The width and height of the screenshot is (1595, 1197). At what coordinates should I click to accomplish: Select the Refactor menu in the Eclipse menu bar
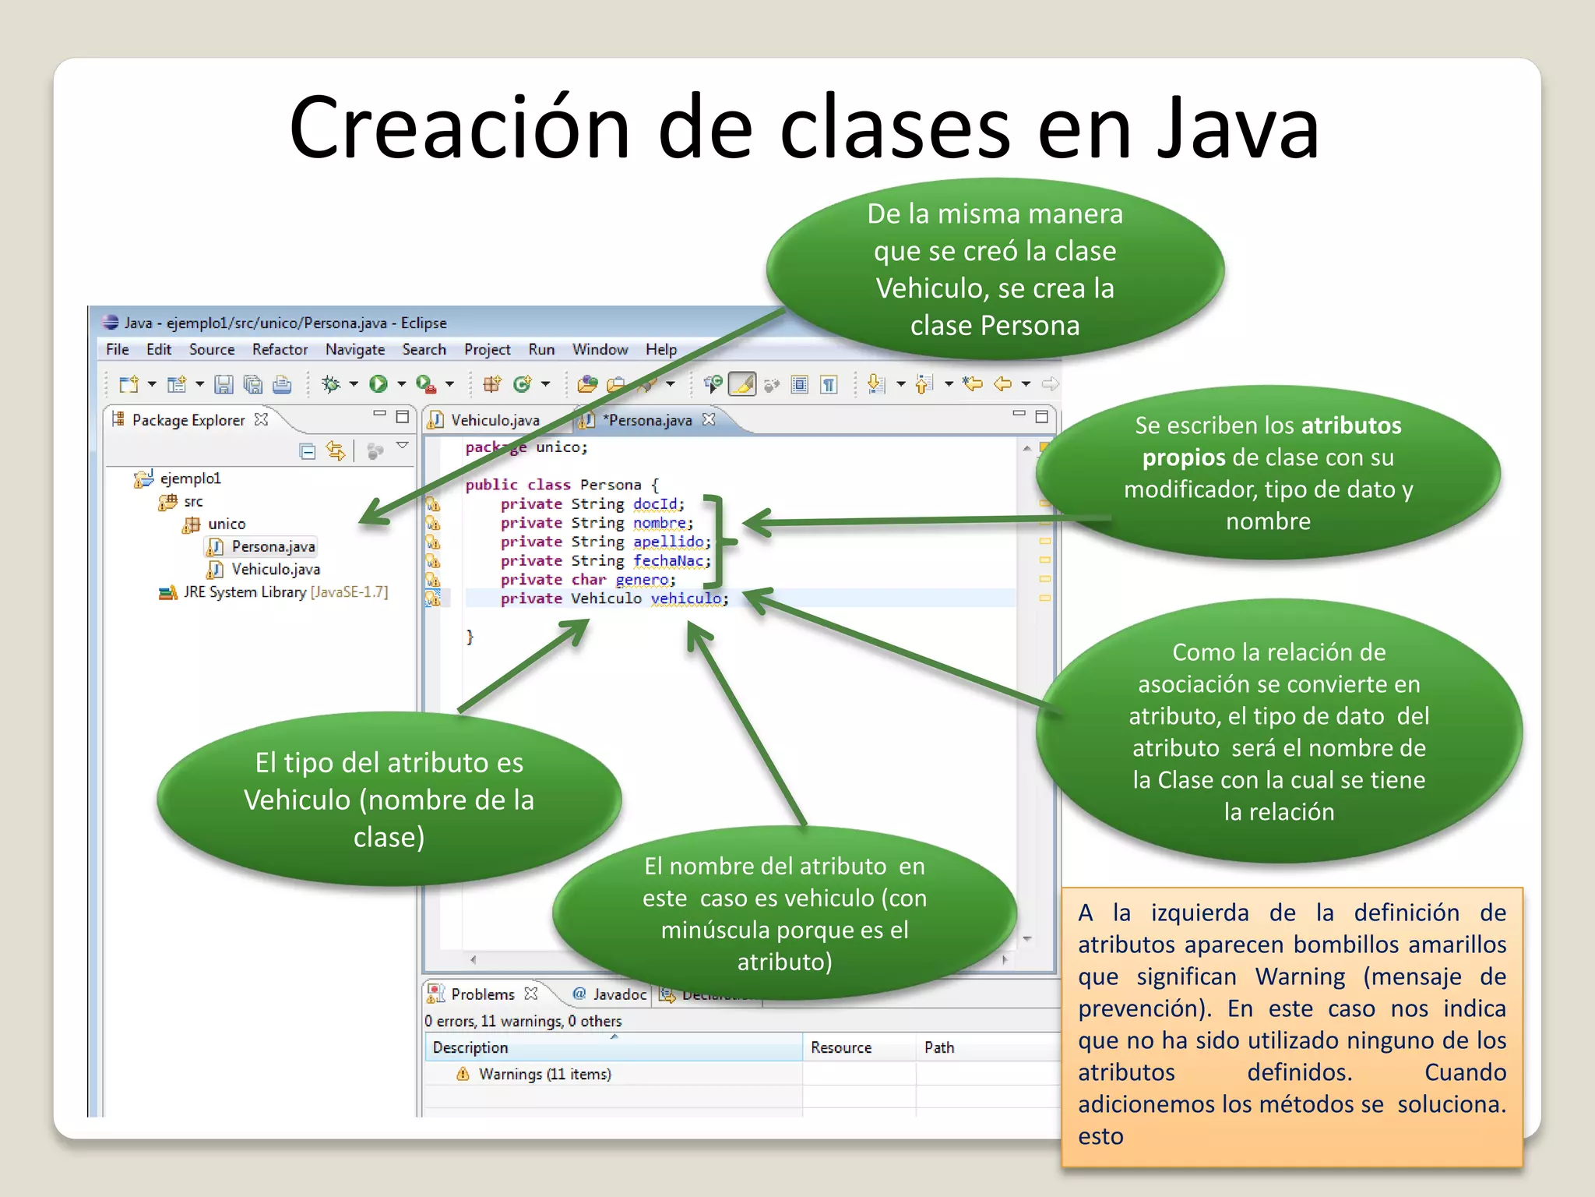coord(280,350)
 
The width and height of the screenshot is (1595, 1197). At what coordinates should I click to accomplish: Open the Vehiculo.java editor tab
coord(495,420)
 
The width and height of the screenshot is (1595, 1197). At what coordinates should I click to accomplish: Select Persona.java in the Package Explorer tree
coord(273,546)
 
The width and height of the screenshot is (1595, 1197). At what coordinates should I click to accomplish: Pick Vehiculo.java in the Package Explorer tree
coord(275,570)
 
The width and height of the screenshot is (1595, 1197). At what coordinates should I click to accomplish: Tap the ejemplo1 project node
coord(190,478)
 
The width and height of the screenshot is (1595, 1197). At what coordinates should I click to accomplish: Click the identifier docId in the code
coord(655,504)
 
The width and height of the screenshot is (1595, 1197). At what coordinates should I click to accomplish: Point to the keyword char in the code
coord(588,580)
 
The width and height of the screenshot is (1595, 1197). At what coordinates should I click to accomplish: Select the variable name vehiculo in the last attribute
coord(686,598)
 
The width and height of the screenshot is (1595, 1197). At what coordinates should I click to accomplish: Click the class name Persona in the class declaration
coord(610,485)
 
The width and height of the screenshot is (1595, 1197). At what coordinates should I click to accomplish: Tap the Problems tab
coord(482,994)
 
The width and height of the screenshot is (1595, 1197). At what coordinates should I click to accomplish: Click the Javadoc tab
coord(619,994)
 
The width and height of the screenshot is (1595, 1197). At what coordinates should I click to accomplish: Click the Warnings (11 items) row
coord(544,1075)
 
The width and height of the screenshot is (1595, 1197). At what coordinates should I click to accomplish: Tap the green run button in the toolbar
coord(379,384)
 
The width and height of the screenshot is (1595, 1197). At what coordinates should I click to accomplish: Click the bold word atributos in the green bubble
coord(1350,425)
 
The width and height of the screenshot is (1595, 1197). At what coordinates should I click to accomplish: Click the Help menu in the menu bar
coord(660,350)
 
